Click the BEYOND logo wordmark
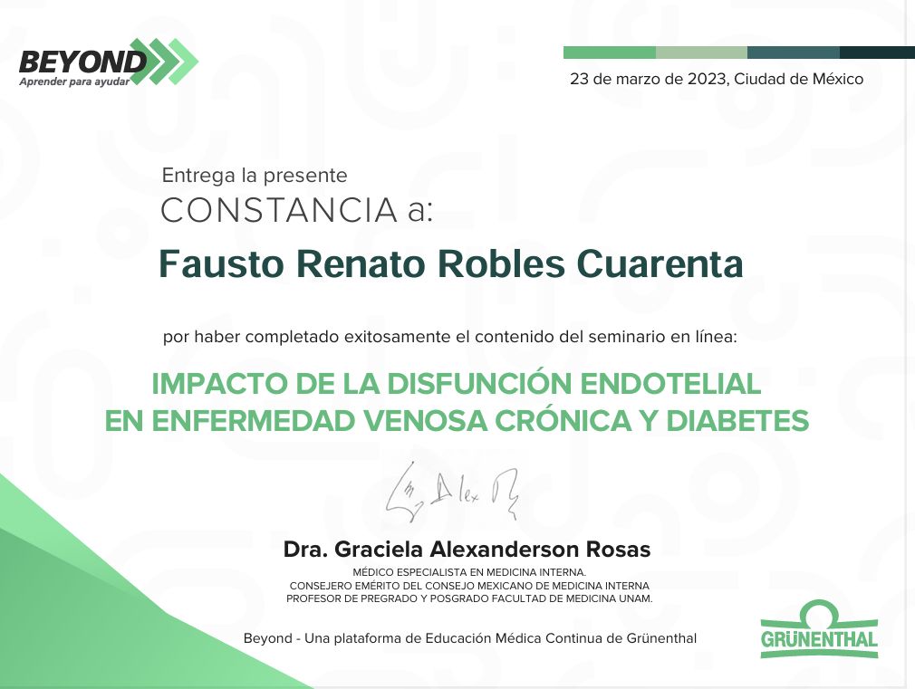tap(82, 62)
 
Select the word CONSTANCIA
tap(280, 210)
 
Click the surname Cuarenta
tap(660, 263)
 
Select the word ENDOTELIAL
tap(670, 384)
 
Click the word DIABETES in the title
tap(737, 421)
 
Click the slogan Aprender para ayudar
tap(74, 81)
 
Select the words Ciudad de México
tap(799, 79)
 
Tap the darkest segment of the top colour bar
tap(877, 53)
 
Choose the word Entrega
tap(191, 176)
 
